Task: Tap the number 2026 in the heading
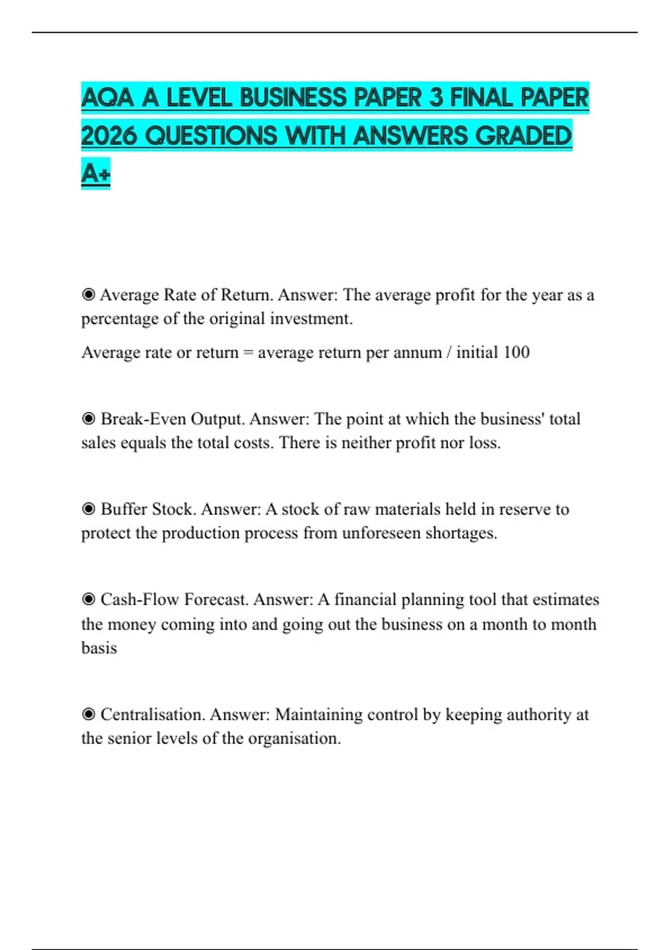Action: tap(109, 136)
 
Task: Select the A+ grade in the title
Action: tap(95, 173)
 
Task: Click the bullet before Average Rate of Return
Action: tap(88, 294)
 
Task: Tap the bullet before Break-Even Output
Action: tap(88, 419)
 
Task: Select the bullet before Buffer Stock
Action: tap(88, 509)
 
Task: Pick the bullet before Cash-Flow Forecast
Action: tap(88, 600)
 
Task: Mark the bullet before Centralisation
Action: tap(88, 715)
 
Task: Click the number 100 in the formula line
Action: tap(516, 353)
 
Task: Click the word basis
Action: tap(99, 648)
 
